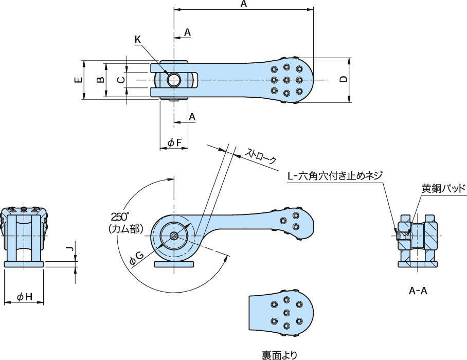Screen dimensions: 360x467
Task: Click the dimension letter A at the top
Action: click(244, 5)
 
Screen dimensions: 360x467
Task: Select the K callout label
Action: click(138, 40)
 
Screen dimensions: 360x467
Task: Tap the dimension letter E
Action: click(78, 80)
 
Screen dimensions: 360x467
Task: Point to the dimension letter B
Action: click(101, 80)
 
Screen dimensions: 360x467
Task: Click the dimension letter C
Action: click(120, 80)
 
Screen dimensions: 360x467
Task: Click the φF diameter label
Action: click(174, 143)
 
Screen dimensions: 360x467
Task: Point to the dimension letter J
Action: click(73, 249)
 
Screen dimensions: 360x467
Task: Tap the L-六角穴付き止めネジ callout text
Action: click(335, 176)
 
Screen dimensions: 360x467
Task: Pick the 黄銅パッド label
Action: click(443, 188)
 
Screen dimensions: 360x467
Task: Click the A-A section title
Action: click(418, 291)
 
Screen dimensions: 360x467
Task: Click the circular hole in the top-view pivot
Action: click(174, 80)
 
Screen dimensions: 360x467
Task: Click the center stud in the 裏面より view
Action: click(286, 313)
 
